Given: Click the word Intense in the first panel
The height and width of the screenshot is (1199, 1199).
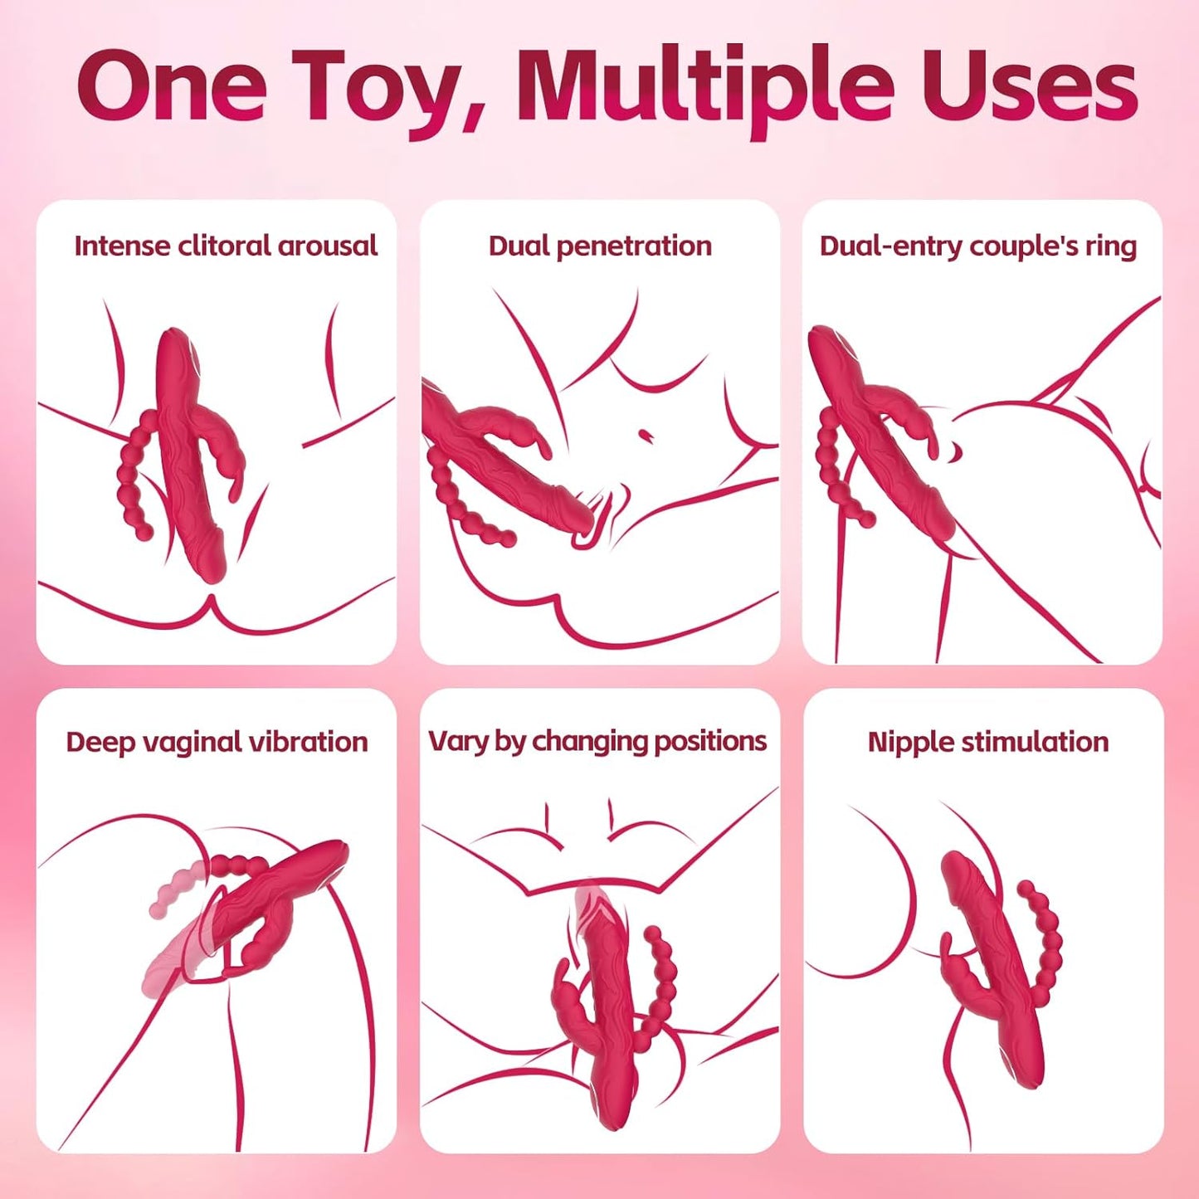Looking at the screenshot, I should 123,246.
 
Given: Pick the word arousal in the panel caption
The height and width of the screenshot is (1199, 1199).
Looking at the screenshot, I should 328,246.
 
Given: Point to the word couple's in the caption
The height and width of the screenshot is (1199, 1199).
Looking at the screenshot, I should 1023,246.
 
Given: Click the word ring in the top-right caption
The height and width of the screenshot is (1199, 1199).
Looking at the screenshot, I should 1111,246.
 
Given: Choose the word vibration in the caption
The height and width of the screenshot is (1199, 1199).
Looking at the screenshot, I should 312,741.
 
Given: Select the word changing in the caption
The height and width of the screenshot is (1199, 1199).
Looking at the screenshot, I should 590,741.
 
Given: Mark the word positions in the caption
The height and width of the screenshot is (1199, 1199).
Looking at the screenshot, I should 711,741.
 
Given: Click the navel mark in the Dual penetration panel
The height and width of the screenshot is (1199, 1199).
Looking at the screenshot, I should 645,434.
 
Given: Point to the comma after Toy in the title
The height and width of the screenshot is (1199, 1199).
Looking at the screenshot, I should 474,120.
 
